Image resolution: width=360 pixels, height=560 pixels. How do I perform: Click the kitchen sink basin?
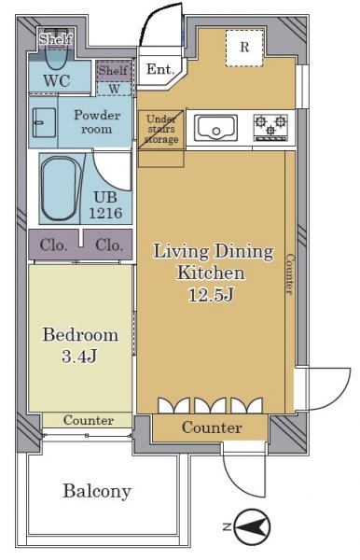215,128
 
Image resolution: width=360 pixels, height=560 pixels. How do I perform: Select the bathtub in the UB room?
60,189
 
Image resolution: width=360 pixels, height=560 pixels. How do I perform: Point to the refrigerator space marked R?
244,48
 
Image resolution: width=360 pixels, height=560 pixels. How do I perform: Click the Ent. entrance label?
160,69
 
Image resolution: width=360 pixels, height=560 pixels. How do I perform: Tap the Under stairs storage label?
161,129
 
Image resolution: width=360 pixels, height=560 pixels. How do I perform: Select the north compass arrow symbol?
253,526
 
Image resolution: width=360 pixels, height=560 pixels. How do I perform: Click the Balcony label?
97,491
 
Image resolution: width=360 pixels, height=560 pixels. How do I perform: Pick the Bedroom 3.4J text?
80,345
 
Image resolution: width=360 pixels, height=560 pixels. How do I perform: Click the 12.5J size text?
211,295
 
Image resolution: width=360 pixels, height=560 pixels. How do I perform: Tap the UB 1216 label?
105,205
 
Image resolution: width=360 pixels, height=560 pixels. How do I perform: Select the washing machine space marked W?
114,89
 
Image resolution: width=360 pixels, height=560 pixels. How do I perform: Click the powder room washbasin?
44,123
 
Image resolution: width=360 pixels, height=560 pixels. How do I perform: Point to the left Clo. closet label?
53,245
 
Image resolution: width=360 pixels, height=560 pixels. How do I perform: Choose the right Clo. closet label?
109,245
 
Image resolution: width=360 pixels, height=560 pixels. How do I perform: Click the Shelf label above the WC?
56,39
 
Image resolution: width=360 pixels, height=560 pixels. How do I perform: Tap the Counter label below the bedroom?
89,420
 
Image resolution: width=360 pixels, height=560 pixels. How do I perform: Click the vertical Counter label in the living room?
290,274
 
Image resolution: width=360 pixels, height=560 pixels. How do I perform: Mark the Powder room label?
97,121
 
